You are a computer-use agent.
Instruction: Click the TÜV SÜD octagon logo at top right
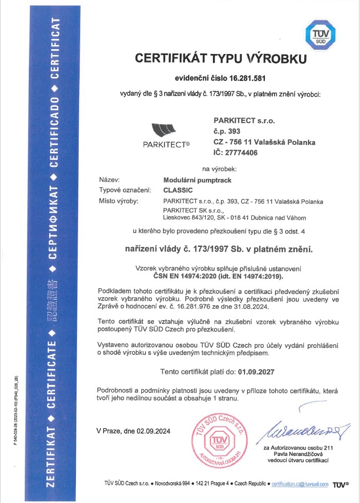click(320, 36)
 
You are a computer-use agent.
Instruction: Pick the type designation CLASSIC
click(177, 190)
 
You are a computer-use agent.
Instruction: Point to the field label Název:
click(109, 181)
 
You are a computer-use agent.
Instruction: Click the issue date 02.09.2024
click(153, 430)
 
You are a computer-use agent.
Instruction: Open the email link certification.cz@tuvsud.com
click(300, 484)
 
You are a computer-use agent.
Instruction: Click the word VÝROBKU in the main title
click(273, 57)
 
